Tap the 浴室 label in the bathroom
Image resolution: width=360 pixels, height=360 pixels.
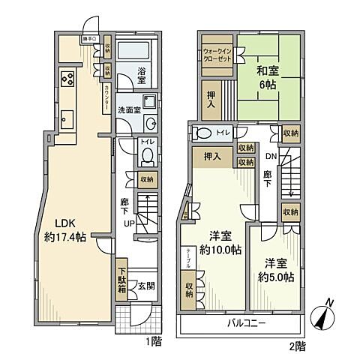pos(141,75)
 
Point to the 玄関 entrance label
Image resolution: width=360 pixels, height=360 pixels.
pos(146,286)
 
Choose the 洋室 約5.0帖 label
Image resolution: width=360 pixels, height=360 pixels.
pos(278,271)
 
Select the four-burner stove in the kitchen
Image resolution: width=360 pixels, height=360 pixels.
pos(65,80)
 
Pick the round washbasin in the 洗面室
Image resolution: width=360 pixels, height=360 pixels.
pos(151,124)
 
